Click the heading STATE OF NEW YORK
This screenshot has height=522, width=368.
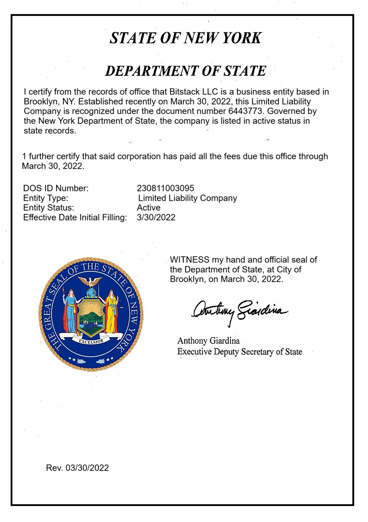pos(185,38)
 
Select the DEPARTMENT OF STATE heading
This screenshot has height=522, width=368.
pos(185,71)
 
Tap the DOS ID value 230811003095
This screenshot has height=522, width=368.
pos(165,188)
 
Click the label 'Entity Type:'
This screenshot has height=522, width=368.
pos(46,198)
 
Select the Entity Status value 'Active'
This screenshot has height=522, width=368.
pos(149,208)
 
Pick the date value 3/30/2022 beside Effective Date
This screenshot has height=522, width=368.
pos(156,218)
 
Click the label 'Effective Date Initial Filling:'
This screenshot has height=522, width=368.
pos(75,218)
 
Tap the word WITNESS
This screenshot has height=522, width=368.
pos(190,260)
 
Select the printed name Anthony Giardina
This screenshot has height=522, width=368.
pos(208,341)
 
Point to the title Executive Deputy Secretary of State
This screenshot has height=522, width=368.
pos(239,352)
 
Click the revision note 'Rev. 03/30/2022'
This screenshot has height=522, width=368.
pos(78,468)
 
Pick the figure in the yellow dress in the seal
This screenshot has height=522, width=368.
pos(112,310)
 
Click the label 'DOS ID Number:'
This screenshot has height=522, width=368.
pos(56,188)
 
